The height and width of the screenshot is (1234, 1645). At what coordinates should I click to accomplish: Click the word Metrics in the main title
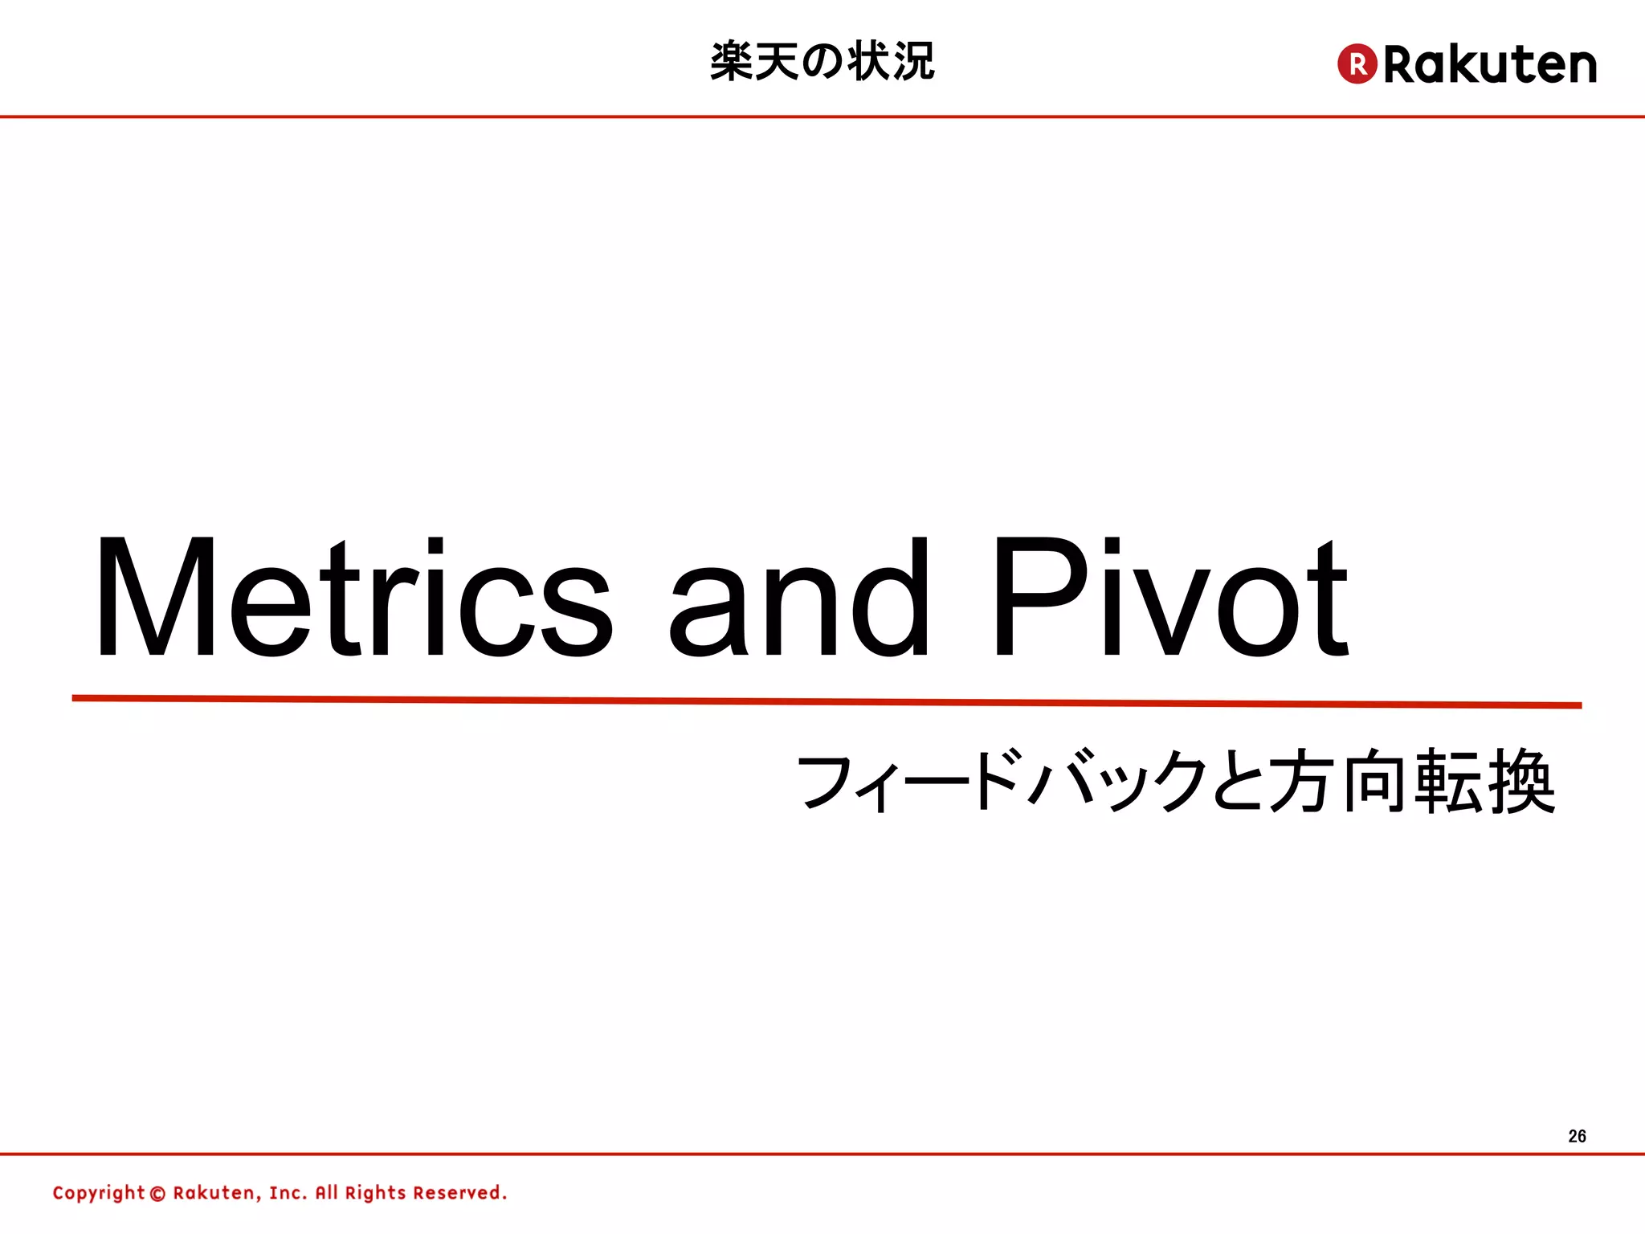pyautogui.click(x=353, y=599)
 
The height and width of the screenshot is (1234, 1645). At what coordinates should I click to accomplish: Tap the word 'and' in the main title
pyautogui.click(x=799, y=599)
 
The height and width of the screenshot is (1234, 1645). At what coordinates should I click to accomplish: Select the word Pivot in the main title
pyautogui.click(x=1169, y=599)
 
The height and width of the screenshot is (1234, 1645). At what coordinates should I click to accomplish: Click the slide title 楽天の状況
pyautogui.click(x=822, y=61)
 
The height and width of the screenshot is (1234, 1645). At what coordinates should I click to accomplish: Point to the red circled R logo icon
pyautogui.click(x=1357, y=63)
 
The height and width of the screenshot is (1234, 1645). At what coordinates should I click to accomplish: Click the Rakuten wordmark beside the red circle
pyautogui.click(x=1490, y=64)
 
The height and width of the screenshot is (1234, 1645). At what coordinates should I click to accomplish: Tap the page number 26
pyautogui.click(x=1577, y=1136)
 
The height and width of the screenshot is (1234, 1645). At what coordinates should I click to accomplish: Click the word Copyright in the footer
pyautogui.click(x=99, y=1193)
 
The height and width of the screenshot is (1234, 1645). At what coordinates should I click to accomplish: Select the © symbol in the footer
pyautogui.click(x=157, y=1194)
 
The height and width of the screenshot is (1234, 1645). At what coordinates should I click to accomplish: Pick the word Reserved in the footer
pyautogui.click(x=459, y=1193)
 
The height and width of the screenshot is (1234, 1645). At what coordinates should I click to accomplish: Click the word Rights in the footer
pyautogui.click(x=375, y=1193)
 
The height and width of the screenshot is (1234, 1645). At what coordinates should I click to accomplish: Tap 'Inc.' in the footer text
pyautogui.click(x=288, y=1193)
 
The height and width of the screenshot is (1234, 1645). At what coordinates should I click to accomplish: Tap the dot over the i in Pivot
pyautogui.click(x=1112, y=547)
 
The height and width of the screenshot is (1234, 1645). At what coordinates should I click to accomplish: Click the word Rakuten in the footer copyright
pyautogui.click(x=214, y=1193)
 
